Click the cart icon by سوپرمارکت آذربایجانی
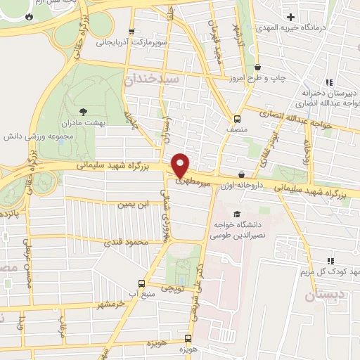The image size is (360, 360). click(131, 32)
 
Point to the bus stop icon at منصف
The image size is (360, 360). click(237, 118)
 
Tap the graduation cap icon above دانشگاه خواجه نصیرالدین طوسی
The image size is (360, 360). click(237, 212)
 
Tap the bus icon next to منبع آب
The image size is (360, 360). click(142, 284)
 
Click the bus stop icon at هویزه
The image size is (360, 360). click(188, 338)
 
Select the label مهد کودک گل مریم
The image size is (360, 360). click(335, 272)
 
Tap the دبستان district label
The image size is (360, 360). click(325, 295)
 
